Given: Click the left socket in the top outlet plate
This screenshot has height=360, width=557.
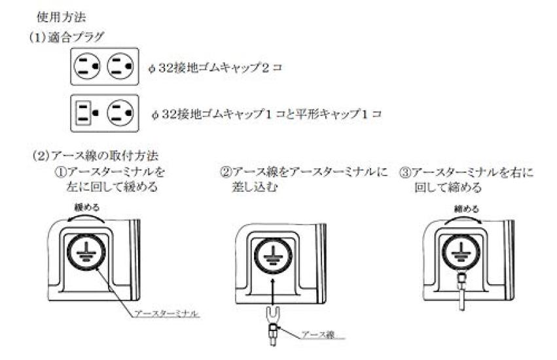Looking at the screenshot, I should point(88,66).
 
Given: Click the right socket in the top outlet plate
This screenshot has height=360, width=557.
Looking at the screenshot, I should point(122,66).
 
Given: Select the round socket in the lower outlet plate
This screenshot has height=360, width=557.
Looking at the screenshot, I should point(122,113).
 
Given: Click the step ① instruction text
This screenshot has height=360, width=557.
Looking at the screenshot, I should point(109,179).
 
